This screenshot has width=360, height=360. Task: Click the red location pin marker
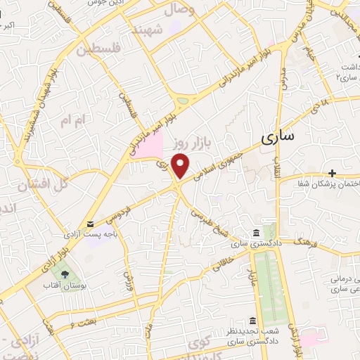[x=182, y=166]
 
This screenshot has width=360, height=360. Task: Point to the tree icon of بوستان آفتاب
[x=65, y=274]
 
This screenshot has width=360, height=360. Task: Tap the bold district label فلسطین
[x=99, y=50]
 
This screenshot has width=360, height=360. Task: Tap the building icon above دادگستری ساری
[x=255, y=233]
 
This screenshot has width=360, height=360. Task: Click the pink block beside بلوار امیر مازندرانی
[x=148, y=146]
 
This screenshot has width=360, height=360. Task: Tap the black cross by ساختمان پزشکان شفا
[x=331, y=173]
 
